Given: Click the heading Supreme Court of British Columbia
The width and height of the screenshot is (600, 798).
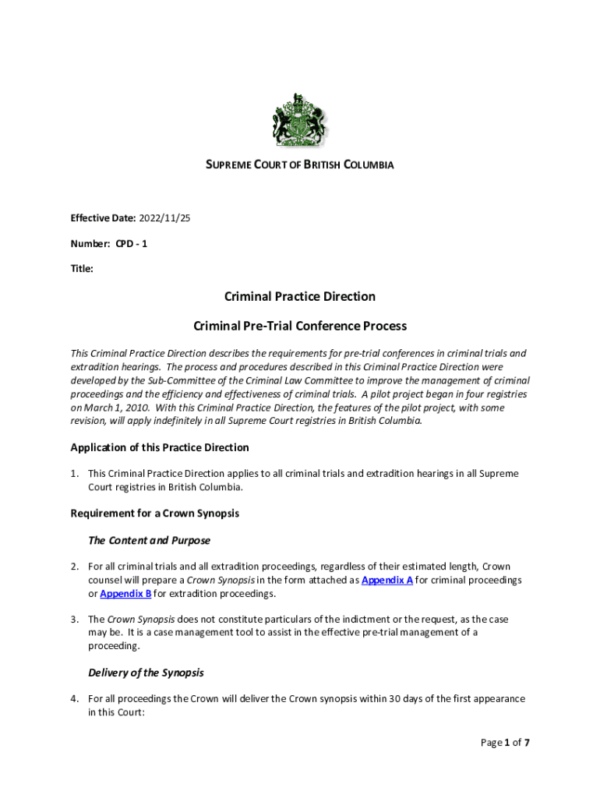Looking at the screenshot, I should pos(299,165).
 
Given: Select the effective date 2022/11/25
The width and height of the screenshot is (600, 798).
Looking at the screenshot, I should pos(164,218).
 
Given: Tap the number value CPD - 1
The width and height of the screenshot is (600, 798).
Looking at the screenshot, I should pos(132,244).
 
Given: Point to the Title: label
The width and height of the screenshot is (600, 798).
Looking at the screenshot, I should pos(82,269).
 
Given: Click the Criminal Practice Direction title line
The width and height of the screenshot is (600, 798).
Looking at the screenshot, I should pos(299,297).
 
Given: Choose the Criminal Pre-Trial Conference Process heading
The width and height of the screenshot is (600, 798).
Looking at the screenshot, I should pos(299,327).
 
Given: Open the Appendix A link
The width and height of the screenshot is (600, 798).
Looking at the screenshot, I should pos(387,581).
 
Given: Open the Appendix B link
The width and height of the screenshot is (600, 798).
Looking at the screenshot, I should pos(125,594).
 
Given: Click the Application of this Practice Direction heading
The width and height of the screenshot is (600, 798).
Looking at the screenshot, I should pos(160,447).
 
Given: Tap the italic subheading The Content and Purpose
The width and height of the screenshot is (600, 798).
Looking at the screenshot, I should pos(149,540).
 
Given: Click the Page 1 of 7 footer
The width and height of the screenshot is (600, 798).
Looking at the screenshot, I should pos(505,743).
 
